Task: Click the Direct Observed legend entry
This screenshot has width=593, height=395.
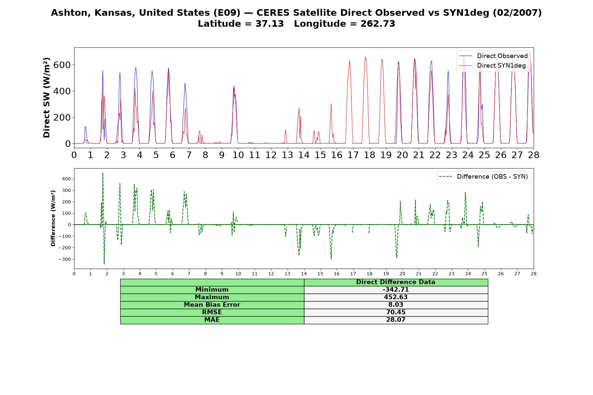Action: pyautogui.click(x=493, y=56)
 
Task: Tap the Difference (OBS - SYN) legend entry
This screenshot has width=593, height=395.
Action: pyautogui.click(x=484, y=177)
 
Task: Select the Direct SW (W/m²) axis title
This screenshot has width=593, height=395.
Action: pyautogui.click(x=47, y=97)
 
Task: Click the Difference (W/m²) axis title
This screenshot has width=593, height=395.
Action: pyautogui.click(x=53, y=218)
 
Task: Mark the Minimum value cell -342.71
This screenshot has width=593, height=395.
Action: pyautogui.click(x=396, y=290)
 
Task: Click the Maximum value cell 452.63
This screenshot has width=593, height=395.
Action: pyautogui.click(x=396, y=297)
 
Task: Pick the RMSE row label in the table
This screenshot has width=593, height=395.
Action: pyautogui.click(x=212, y=312)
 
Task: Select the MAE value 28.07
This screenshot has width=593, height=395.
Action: pyautogui.click(x=396, y=320)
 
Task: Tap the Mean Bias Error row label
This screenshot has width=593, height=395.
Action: pyautogui.click(x=212, y=305)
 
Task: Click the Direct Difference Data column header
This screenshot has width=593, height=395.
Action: pyautogui.click(x=396, y=282)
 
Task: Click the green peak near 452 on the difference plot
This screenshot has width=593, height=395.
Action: pyautogui.click(x=103, y=173)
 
